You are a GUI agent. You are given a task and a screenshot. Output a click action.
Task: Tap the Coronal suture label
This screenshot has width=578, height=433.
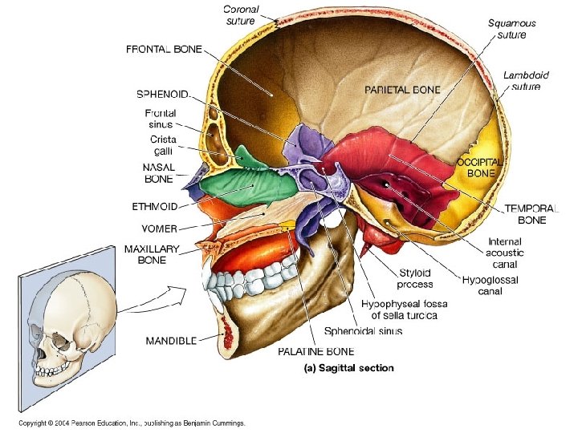pos(241,14)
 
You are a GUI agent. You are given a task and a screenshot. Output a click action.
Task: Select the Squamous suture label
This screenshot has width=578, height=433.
pos(511,29)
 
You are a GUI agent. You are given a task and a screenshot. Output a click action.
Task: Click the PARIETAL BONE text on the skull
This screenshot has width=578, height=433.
pos(402,91)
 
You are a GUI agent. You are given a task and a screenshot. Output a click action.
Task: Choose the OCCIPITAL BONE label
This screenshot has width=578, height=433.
pos(480,167)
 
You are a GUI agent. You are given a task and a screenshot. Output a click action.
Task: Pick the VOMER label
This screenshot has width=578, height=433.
pos(154,228)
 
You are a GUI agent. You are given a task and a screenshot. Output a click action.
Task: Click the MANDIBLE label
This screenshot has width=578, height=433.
pos(171,341)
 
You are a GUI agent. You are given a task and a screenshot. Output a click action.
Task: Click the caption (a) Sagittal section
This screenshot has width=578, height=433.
pos(348,368)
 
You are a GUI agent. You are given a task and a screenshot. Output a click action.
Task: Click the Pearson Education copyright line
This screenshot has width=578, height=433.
pos(132,423)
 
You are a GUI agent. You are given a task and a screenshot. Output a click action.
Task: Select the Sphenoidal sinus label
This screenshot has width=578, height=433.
pos(363,330)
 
